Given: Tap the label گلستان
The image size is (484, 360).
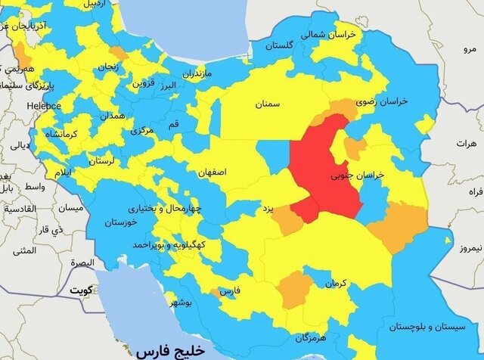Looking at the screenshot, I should pyautogui.click(x=278, y=46).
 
